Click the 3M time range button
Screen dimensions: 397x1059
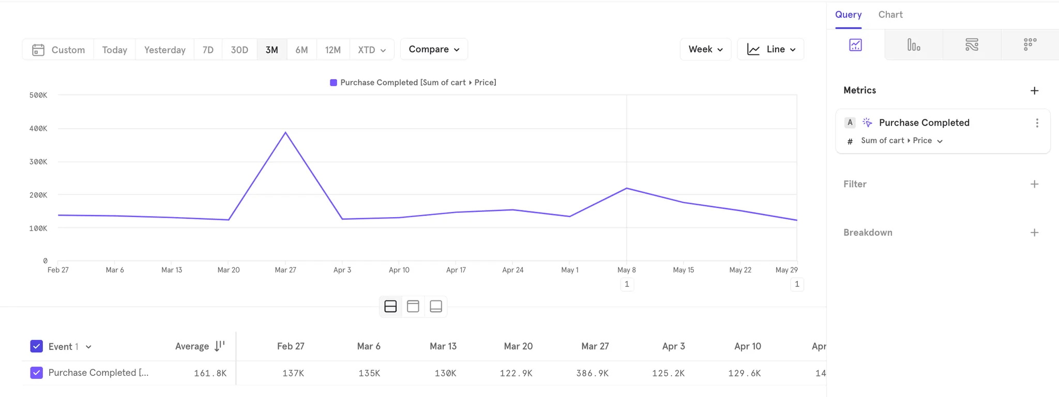(x=271, y=50)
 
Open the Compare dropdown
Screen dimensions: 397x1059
(x=434, y=49)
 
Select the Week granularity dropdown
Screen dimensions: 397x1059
(x=705, y=49)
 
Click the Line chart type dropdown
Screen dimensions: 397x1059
(x=770, y=49)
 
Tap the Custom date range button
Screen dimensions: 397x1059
(x=58, y=50)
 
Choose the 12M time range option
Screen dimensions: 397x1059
(x=332, y=50)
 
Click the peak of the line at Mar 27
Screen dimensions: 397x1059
(x=285, y=132)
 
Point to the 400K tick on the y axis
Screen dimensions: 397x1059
(x=38, y=128)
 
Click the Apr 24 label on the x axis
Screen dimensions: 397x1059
(x=512, y=270)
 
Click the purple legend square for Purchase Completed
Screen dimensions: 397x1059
(x=334, y=83)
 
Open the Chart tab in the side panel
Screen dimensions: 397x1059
(x=890, y=14)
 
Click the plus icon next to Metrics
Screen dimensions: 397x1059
(x=1034, y=90)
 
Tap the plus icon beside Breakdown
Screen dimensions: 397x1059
(x=1034, y=233)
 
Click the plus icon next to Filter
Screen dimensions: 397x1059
(x=1034, y=184)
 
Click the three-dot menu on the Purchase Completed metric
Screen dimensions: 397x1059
(x=1037, y=123)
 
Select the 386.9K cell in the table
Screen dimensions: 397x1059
(x=592, y=373)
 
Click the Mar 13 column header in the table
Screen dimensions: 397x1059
(x=443, y=346)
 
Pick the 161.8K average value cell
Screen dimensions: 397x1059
(x=210, y=373)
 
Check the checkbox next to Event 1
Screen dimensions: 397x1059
(x=37, y=346)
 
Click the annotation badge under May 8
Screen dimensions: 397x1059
(x=627, y=284)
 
